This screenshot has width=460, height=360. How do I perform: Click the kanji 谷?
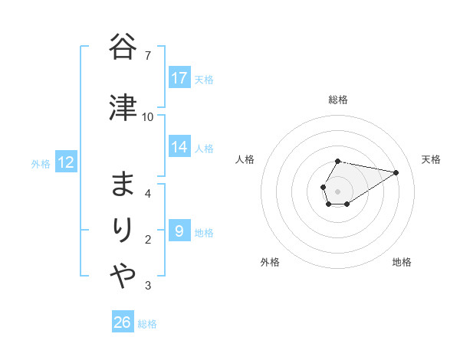tap(123, 47)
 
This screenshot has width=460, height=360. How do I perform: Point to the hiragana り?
tap(123, 231)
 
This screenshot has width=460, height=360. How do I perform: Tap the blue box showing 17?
tap(179, 78)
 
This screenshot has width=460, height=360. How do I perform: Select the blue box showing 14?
tap(179, 147)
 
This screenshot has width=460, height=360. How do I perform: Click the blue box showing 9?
tap(179, 231)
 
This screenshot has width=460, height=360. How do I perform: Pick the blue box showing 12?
tap(66, 162)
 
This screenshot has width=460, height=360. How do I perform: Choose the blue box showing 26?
tap(123, 322)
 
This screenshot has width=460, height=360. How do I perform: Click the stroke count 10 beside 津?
tap(148, 116)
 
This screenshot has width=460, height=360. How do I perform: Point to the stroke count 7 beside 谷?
tap(148, 56)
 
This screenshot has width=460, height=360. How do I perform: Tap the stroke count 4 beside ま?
tap(148, 193)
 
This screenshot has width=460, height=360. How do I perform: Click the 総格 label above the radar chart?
tap(337, 100)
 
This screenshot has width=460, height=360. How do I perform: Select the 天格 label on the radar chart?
tap(431, 159)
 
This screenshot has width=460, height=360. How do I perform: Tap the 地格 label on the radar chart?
tap(402, 262)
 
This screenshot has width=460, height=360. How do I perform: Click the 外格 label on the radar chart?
tap(270, 262)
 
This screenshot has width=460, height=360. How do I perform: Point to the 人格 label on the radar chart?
tap(245, 159)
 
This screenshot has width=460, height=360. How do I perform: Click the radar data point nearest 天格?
tap(396, 172)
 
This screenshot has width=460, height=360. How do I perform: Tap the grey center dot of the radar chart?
tap(337, 190)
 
